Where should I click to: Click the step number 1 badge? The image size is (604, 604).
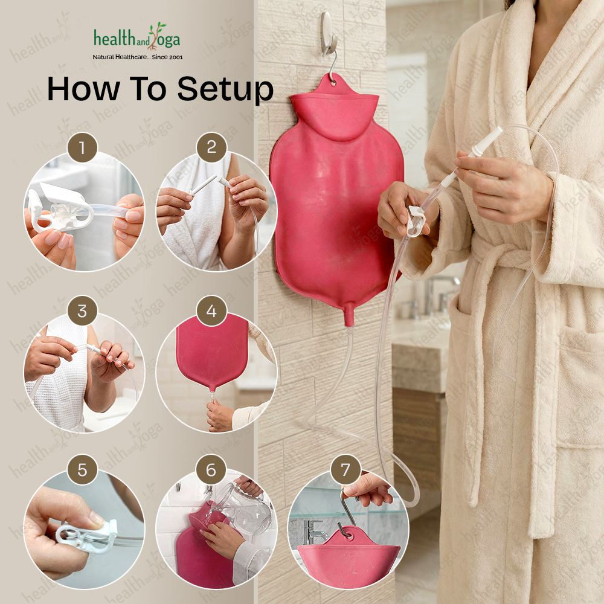(x=82, y=147)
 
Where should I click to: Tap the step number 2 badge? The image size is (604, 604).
(x=211, y=147)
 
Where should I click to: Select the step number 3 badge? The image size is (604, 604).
(x=82, y=311)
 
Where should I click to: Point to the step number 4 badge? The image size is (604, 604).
(x=211, y=311)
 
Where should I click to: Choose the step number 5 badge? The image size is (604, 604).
(x=82, y=470)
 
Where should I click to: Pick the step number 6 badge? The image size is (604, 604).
(x=211, y=470)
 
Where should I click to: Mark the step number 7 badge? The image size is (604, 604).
(x=345, y=470)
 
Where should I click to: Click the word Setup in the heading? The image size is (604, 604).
(x=225, y=89)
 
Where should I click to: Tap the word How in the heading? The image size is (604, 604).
(x=83, y=89)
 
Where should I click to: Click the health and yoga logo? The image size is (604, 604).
(x=137, y=37)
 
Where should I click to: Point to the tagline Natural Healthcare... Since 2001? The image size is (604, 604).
(x=138, y=57)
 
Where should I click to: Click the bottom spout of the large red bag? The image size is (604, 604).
(x=349, y=315)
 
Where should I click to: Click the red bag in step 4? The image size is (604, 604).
(x=211, y=353)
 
